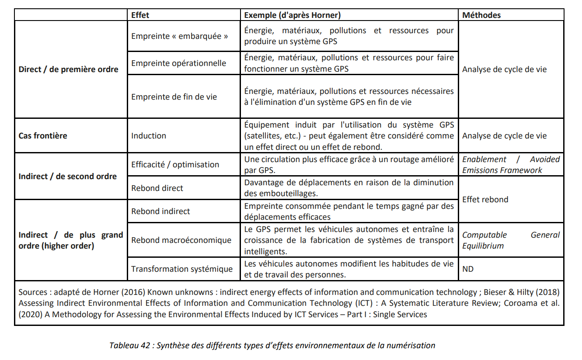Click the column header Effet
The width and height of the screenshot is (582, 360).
coord(140,15)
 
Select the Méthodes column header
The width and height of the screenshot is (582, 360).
coord(481,15)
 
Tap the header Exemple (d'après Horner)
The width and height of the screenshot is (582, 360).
coord(292,15)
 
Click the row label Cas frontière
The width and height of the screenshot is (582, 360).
coord(43,135)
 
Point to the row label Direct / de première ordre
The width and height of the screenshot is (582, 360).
coord(69,69)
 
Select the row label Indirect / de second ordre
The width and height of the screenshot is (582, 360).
coord(68,177)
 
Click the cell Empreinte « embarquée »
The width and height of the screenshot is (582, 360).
coord(180,36)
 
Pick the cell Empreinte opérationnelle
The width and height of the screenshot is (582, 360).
coord(179,63)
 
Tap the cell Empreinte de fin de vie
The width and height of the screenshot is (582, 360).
coord(174,97)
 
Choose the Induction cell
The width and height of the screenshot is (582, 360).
coord(149,135)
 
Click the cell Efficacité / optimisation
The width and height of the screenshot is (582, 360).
coord(175,165)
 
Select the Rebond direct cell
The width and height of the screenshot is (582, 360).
coord(157,188)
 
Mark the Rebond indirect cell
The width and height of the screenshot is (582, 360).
coord(161,211)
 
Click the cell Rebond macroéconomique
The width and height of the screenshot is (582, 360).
coord(181,240)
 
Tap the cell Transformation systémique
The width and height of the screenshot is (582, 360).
coord(182,269)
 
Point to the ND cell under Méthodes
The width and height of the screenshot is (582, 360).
coord(468,269)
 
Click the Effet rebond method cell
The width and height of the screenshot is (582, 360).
coord(485,200)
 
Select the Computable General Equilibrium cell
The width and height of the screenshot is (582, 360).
coord(511,240)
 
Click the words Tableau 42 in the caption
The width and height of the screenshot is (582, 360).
coord(129,346)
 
